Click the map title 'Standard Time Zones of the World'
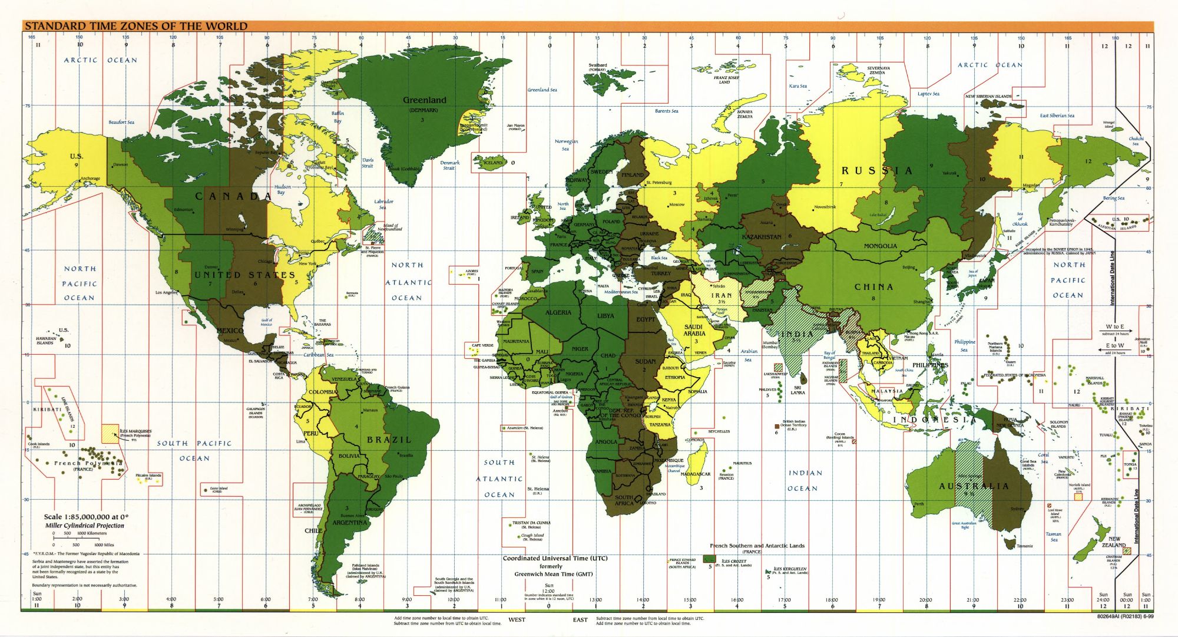click(x=136, y=26)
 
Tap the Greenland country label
click(x=424, y=100)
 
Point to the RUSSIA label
click(x=876, y=171)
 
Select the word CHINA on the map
click(x=873, y=287)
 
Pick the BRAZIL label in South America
click(x=389, y=440)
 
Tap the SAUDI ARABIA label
click(x=694, y=330)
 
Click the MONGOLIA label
click(x=881, y=246)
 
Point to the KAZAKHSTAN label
click(x=762, y=237)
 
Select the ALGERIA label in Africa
click(x=558, y=312)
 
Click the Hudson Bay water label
click(x=283, y=189)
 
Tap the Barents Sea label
click(x=666, y=111)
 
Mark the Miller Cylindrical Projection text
click(x=85, y=525)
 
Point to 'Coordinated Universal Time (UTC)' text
click(x=555, y=558)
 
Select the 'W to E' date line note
click(x=1114, y=326)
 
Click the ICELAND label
click(x=493, y=163)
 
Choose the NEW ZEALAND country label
click(x=1114, y=542)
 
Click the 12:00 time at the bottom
click(x=549, y=591)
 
